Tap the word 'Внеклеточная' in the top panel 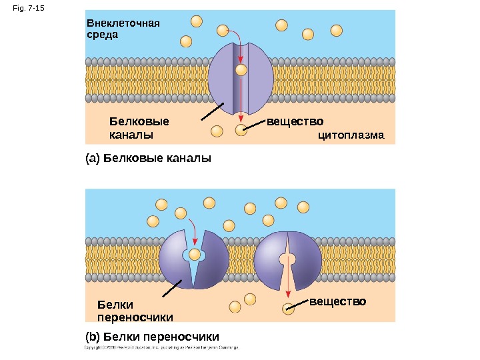tap(123, 24)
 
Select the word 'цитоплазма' tap(351, 136)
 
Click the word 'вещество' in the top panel tap(295, 122)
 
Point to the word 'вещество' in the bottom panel tap(337, 302)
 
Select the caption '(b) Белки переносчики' tap(152, 336)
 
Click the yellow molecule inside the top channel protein tap(241, 69)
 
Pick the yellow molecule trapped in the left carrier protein tap(195, 255)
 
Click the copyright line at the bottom tap(161, 347)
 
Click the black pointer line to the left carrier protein tap(171, 291)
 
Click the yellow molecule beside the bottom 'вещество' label tap(288, 308)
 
